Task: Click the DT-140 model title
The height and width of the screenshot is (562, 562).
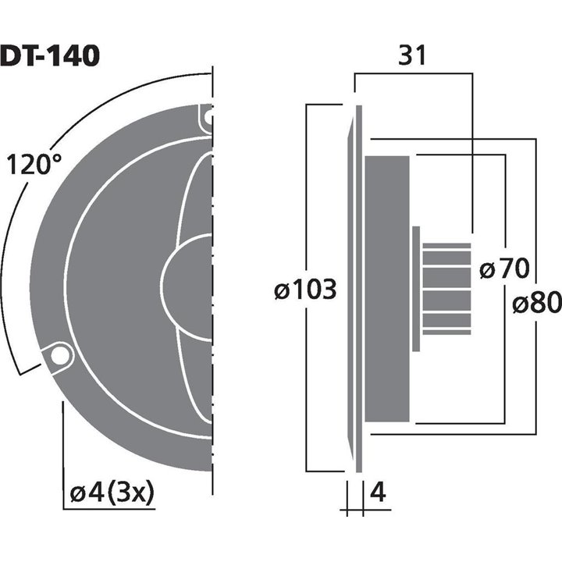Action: click(49, 56)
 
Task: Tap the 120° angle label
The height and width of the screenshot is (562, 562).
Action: click(34, 165)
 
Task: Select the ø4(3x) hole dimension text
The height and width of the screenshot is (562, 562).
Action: click(112, 493)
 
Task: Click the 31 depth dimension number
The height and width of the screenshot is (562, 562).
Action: click(414, 55)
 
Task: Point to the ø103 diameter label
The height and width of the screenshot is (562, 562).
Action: click(305, 290)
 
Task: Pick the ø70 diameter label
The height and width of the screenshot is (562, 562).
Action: click(503, 270)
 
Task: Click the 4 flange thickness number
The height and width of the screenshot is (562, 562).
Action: click(377, 493)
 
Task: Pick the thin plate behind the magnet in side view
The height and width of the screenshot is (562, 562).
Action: click(416, 289)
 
